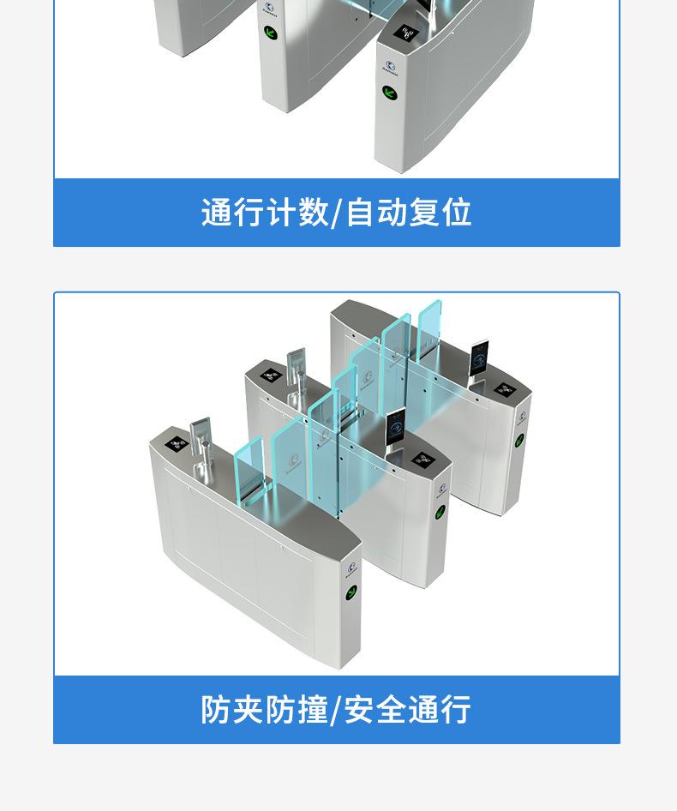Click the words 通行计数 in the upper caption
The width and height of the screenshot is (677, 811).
(x=265, y=212)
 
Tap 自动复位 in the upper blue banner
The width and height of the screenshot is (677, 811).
(x=409, y=212)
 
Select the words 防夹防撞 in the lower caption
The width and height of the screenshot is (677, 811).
(x=264, y=709)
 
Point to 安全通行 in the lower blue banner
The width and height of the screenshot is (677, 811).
(x=408, y=709)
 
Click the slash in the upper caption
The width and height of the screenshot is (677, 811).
(x=337, y=213)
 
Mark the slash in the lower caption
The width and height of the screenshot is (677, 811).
(x=337, y=710)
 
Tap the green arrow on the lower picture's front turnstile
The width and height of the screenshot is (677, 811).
(x=351, y=592)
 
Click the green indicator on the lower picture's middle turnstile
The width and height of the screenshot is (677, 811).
(x=440, y=512)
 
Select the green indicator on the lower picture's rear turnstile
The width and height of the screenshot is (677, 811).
(x=519, y=440)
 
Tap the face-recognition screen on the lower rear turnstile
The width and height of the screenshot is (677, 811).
(x=479, y=358)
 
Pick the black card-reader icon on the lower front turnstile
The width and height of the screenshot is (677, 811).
(x=177, y=444)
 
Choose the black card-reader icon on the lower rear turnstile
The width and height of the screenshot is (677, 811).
(x=504, y=389)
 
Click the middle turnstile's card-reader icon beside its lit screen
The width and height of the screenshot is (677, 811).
(x=423, y=460)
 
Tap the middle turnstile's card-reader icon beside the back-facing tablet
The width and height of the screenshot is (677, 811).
(x=270, y=375)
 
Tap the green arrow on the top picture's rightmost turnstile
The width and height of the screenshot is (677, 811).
(x=389, y=93)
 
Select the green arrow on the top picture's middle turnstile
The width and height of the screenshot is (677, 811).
(x=271, y=34)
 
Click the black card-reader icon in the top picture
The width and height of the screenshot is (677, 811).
(x=408, y=34)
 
